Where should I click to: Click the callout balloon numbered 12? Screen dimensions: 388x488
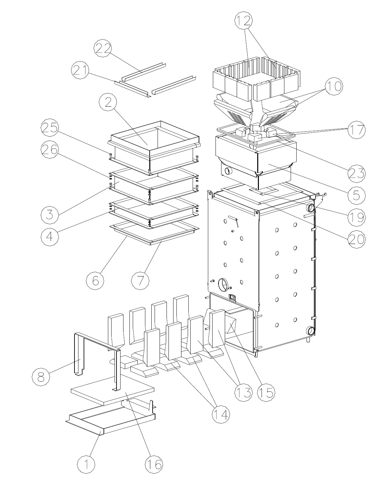[x=243, y=21]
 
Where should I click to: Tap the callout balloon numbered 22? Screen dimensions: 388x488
[x=103, y=48]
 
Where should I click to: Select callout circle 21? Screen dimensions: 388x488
[x=80, y=70]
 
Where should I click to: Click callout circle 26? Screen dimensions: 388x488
[x=50, y=150]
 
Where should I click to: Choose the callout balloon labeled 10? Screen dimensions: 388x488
[x=334, y=86]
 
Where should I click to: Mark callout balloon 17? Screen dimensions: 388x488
[x=357, y=130]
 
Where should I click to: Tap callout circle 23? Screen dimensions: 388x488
[x=357, y=173]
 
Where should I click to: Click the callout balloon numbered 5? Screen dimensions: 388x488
[x=357, y=195]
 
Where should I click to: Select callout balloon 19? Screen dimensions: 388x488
[x=357, y=217]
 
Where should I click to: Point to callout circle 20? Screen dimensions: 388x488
[x=357, y=239]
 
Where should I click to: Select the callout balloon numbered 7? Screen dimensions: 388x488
[x=140, y=280]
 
